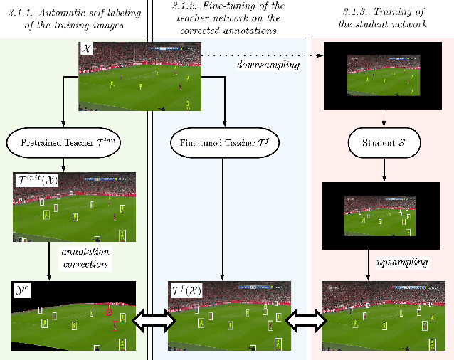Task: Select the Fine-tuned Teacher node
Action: click(x=223, y=142)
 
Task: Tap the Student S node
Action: click(x=384, y=142)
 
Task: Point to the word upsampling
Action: click(x=402, y=263)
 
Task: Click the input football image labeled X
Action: click(x=139, y=75)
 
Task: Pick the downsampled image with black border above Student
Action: click(x=384, y=75)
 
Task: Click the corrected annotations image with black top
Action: click(x=73, y=317)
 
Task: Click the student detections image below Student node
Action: click(x=384, y=213)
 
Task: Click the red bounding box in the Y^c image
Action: click(x=109, y=309)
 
